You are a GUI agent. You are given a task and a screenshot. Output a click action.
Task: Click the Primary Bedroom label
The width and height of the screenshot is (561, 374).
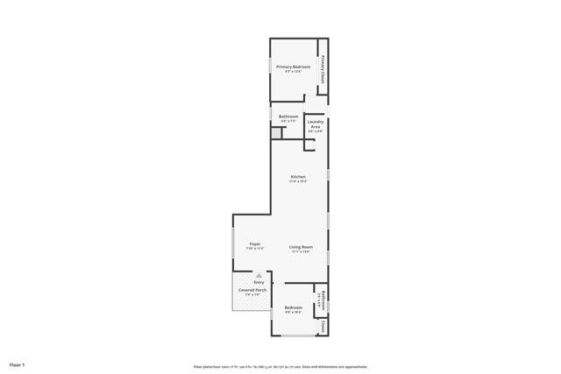pos(295,67)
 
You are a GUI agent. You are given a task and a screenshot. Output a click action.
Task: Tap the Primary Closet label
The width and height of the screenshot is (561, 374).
pos(323,69)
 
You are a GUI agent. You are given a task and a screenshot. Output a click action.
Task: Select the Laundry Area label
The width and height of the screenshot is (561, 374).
pos(316,123)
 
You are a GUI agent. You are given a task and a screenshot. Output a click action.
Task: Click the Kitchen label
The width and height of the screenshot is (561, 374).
pos(298,176)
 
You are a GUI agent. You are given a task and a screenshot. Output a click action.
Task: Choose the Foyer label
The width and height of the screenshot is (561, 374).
pos(255,243)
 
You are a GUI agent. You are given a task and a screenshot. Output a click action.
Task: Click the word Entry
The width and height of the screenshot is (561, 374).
pos(259,282)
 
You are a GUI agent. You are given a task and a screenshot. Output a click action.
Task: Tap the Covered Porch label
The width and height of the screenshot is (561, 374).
pos(252,290)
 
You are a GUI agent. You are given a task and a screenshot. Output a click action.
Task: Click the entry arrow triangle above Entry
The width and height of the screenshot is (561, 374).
pos(259,274)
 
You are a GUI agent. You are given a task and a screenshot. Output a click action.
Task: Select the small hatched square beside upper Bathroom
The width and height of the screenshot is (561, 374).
pos(277,133)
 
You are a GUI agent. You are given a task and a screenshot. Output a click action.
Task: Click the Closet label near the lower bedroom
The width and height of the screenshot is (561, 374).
pos(323,326)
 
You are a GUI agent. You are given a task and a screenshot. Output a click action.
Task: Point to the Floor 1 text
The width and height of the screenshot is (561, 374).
pos(18,363)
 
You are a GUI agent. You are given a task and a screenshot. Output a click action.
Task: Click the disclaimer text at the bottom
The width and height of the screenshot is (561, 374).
pos(280,366)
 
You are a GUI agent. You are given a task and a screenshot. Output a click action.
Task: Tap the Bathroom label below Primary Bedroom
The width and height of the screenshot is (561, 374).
pos(288,116)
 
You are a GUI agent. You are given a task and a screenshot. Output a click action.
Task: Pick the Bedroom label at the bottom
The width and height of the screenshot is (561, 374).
pos(293,307)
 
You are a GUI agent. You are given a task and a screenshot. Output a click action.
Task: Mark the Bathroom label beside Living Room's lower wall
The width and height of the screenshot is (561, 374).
pos(323,300)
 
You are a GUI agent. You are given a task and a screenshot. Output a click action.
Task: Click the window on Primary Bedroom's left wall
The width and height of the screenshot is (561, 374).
pos(269,67)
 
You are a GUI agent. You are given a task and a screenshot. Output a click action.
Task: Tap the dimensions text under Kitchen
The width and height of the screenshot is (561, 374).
pos(298,181)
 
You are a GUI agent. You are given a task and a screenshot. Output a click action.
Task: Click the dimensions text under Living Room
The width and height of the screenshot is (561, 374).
pos(301,251)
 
